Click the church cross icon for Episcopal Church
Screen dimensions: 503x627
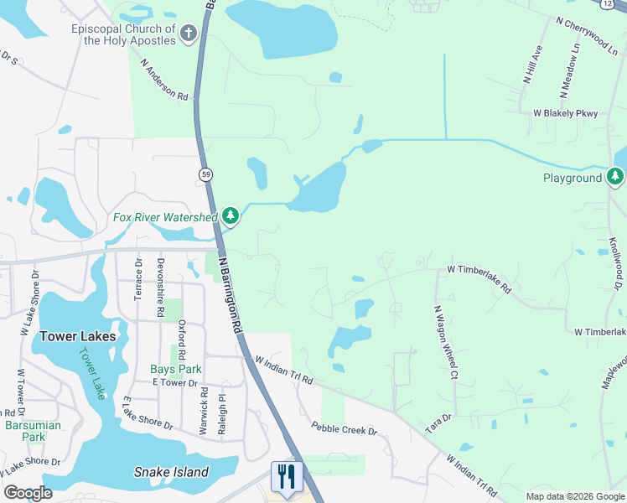coord(189,34)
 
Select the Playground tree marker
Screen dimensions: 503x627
coord(616,177)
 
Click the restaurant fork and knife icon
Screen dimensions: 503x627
coord(287,476)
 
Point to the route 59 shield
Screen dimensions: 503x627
coord(205,174)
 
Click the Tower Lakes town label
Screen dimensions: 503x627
coord(78,336)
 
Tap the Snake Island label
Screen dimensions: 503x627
coord(171,472)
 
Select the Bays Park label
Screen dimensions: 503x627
coord(175,369)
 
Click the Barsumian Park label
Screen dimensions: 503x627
coord(30,431)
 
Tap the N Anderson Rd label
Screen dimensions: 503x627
coord(164,80)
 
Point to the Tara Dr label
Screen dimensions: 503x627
coord(438,423)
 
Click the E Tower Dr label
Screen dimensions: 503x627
coord(174,383)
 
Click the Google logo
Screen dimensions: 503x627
coord(28,493)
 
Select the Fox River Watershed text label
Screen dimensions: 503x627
coord(166,217)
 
